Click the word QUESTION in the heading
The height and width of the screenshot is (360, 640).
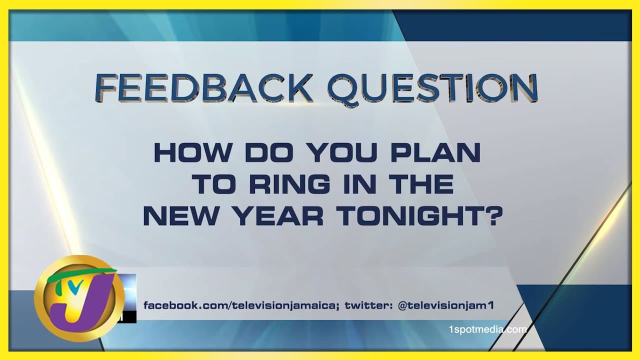tap(432, 89)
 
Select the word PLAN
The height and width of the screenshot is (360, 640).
tap(435, 153)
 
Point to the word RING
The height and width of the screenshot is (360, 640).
tap(289, 184)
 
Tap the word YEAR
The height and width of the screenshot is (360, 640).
tap(278, 216)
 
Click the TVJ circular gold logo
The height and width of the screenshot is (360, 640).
tap(79, 299)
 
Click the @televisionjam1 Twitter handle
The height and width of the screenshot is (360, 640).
tap(445, 305)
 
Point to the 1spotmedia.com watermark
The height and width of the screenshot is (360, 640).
tap(487, 329)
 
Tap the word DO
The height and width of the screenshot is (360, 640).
tap(269, 153)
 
